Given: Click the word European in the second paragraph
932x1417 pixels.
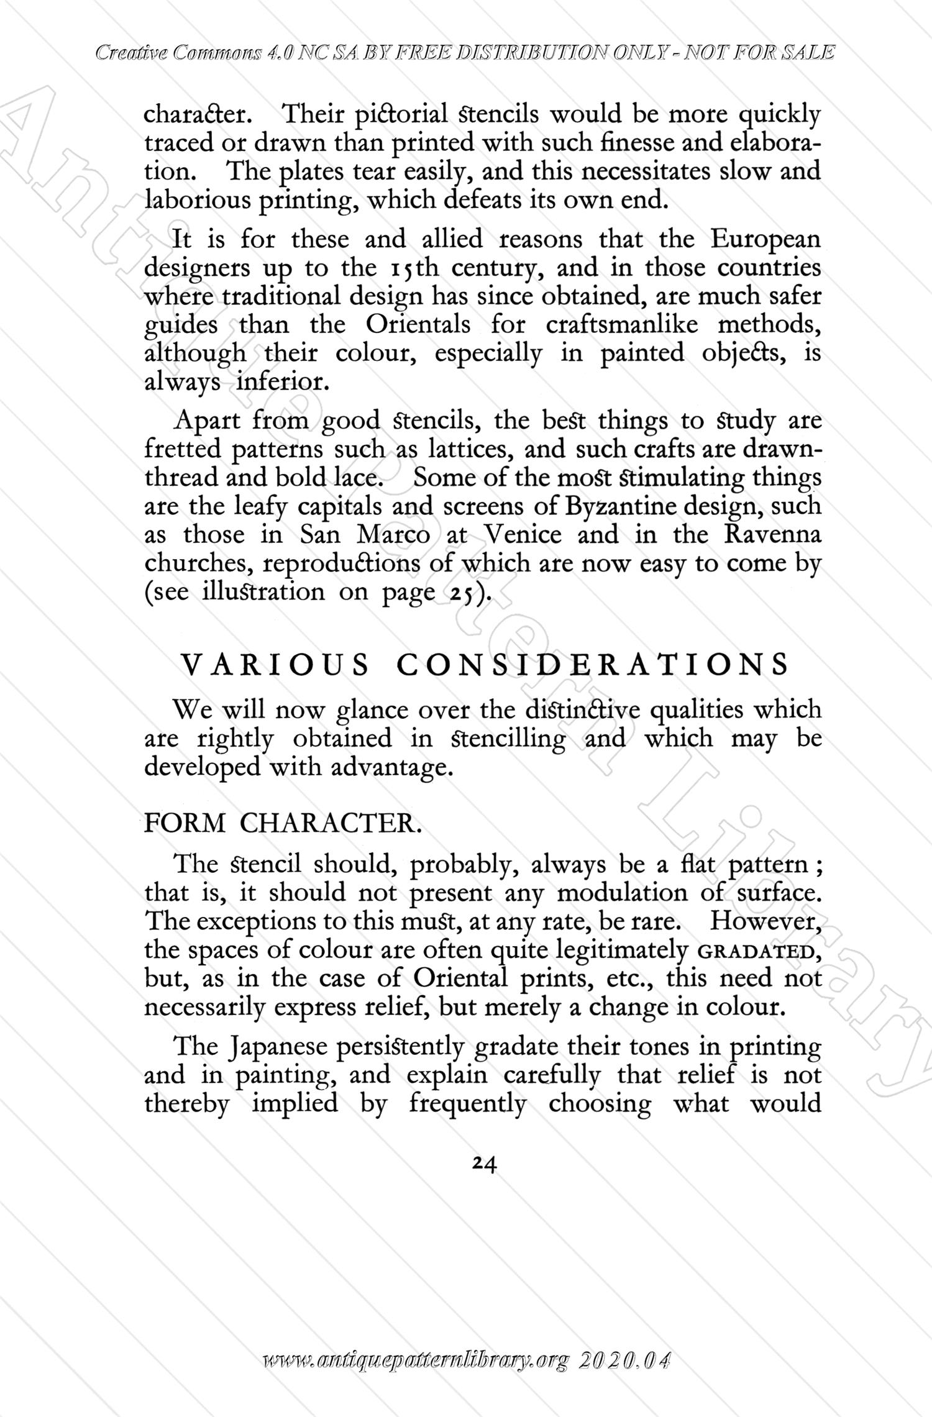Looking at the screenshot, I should coord(765,240).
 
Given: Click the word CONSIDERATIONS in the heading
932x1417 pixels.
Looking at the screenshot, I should coord(592,665).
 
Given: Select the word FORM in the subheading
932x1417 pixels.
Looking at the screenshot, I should coord(185,824).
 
